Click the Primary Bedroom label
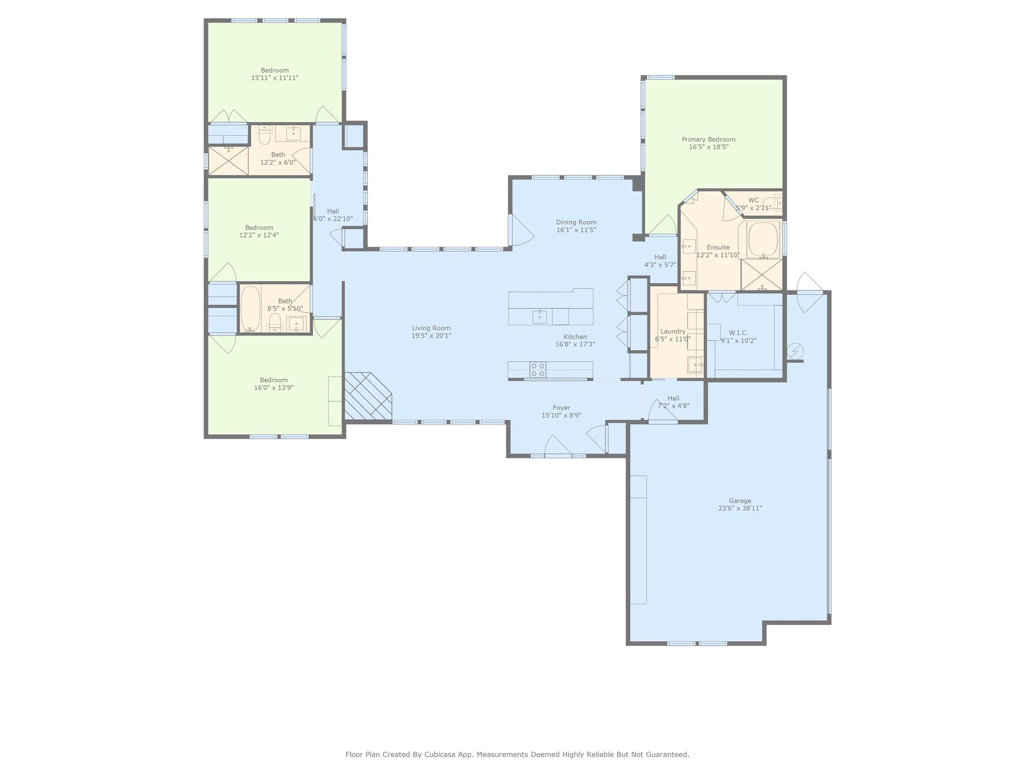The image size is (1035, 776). [709, 139]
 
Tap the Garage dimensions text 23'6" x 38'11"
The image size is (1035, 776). [740, 508]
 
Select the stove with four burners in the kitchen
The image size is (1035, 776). [538, 370]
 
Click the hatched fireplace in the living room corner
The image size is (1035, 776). [368, 397]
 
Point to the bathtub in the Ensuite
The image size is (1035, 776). [763, 239]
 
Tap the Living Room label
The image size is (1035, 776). [431, 328]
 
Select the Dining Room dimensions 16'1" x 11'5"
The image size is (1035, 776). [576, 230]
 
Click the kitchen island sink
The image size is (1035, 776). [539, 317]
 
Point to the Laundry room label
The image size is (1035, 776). [673, 331]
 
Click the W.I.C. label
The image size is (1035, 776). [738, 333]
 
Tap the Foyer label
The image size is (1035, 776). [561, 408]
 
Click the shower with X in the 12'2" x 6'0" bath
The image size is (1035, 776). [228, 161]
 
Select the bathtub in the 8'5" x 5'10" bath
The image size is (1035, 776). [250, 308]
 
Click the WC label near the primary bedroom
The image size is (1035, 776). [754, 200]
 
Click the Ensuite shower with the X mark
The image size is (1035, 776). [761, 274]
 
